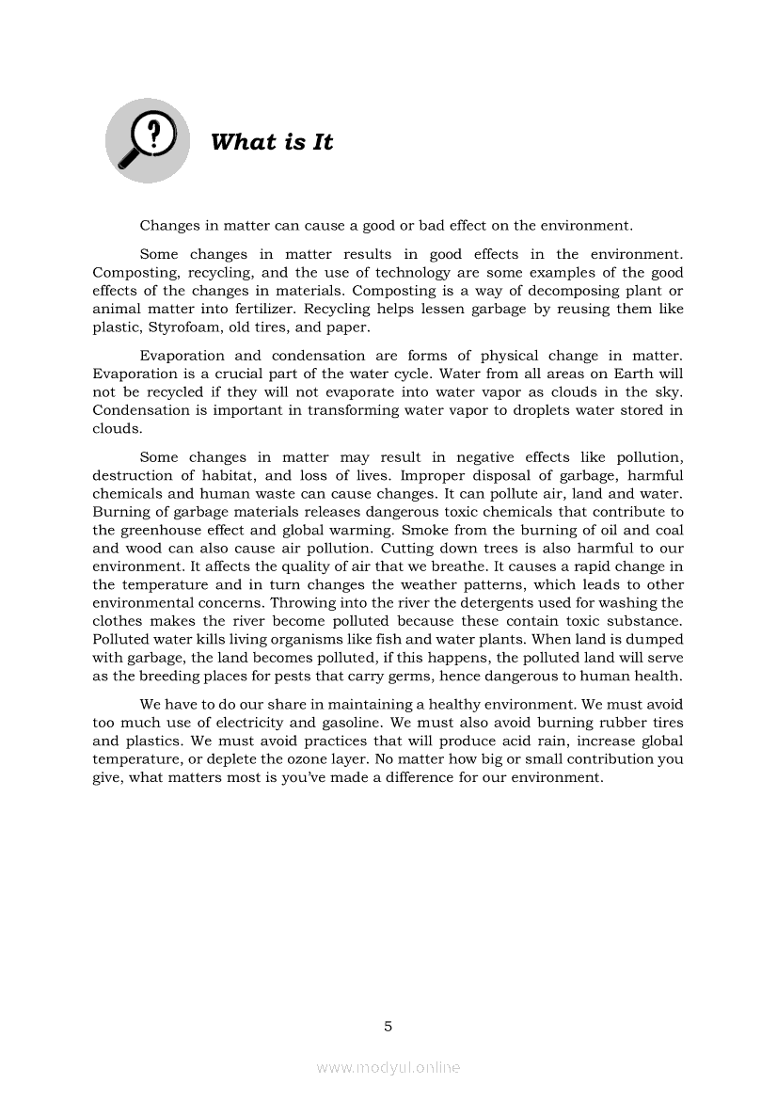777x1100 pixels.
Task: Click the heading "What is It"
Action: (x=272, y=142)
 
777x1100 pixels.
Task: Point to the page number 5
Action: (x=388, y=1026)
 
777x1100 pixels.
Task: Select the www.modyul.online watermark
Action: (x=388, y=1067)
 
